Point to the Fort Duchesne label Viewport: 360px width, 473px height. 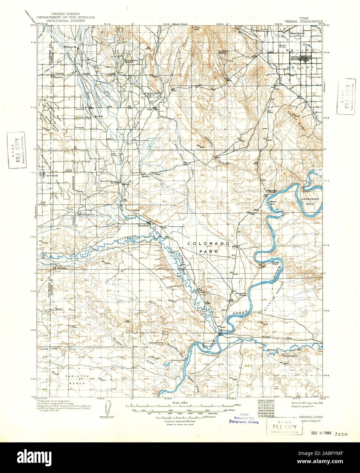pyautogui.click(x=109, y=181)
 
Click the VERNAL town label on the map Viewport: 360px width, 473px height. pyautogui.click(x=295, y=57)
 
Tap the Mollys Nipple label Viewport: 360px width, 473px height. pyautogui.click(x=289, y=356)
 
